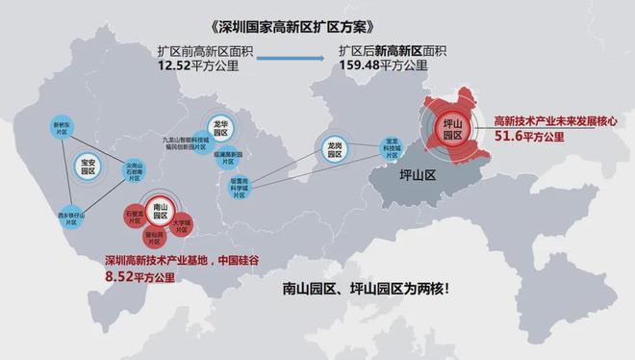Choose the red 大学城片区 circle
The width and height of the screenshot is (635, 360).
(182, 225)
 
